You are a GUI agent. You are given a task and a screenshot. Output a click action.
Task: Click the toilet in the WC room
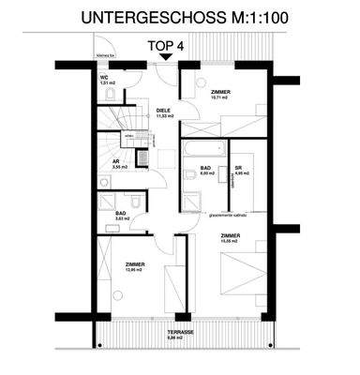110,95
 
